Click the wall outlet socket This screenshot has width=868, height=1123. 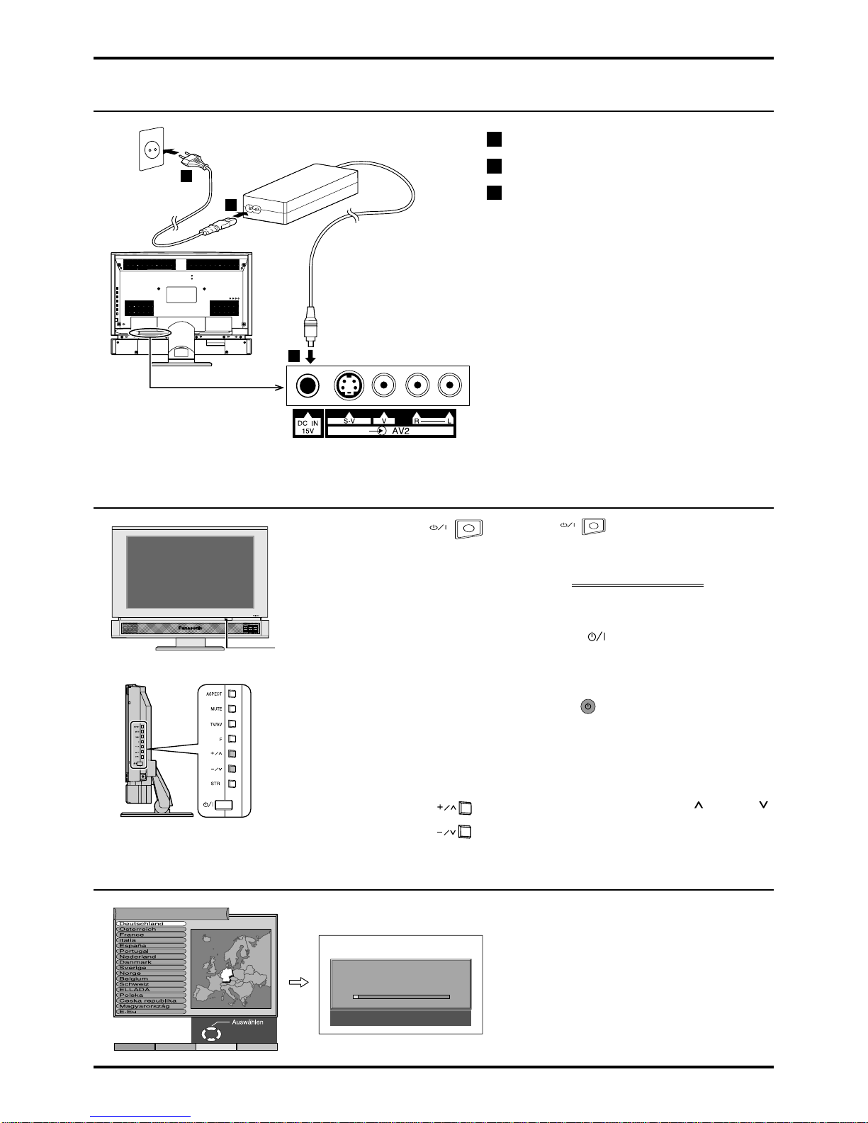pyautogui.click(x=152, y=150)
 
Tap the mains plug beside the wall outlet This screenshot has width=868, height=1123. pyautogui.click(x=186, y=158)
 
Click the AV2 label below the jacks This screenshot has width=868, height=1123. pyautogui.click(x=400, y=430)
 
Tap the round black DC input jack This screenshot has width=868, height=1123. pyautogui.click(x=307, y=385)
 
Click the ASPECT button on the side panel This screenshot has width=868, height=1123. pyautogui.click(x=232, y=694)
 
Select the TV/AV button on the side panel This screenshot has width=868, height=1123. pyautogui.click(x=232, y=724)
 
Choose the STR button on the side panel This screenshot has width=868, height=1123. pyautogui.click(x=232, y=784)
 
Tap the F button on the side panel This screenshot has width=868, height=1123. pyautogui.click(x=232, y=739)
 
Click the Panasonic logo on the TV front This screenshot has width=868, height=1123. pyautogui.click(x=188, y=628)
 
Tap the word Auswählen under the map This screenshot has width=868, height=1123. pyautogui.click(x=247, y=1022)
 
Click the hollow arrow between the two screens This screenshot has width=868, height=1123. pyautogui.click(x=298, y=982)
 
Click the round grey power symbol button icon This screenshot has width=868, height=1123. pyautogui.click(x=588, y=706)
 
